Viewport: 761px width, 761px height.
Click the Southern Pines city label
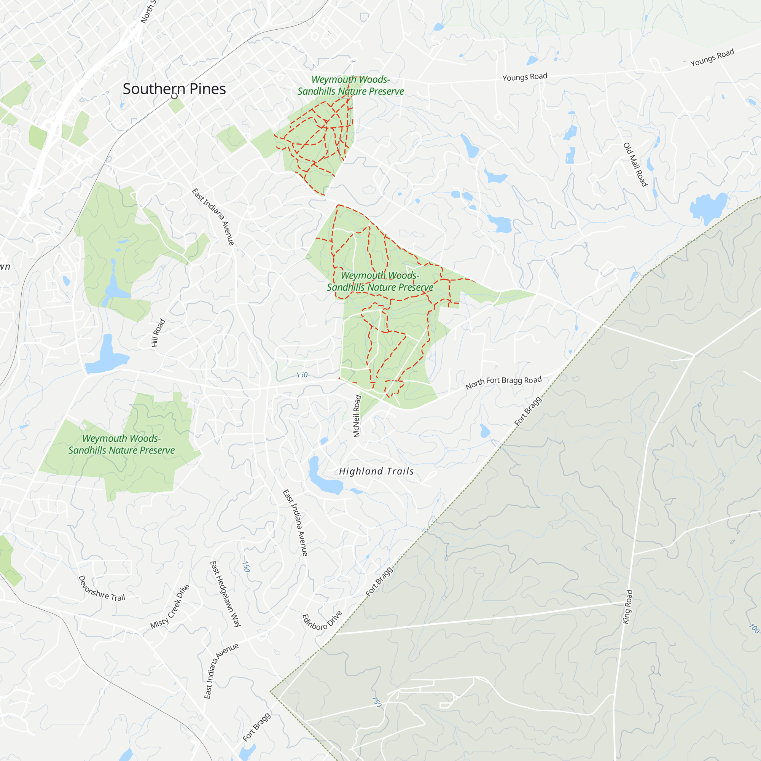pos(174,89)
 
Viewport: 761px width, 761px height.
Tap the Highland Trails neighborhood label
pos(376,471)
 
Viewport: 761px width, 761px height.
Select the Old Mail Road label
pos(635,164)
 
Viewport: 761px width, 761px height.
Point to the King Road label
pos(627,607)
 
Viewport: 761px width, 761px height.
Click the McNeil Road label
pos(357,416)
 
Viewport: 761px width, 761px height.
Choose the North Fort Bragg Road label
pos(503,382)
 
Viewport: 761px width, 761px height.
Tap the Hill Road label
pos(158,333)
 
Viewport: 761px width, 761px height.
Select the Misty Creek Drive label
pos(170,607)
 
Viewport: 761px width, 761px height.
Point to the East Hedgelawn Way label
pos(225,594)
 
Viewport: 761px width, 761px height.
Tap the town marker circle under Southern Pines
pos(174,96)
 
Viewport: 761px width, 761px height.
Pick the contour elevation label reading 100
pos(753,629)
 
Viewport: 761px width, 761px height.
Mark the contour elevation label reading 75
pos(377,702)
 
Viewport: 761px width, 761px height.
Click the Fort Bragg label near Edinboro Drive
pos(379,581)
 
